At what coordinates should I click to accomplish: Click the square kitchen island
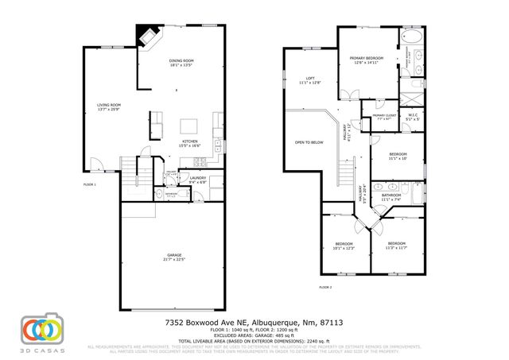(188, 126)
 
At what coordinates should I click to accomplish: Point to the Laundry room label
(198, 178)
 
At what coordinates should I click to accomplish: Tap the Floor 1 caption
(89, 184)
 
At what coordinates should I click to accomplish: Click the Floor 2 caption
(324, 287)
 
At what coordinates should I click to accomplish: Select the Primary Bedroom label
(367, 58)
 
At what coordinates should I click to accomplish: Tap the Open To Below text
(309, 142)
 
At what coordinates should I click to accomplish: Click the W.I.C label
(414, 116)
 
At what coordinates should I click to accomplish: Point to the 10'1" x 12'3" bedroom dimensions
(344, 249)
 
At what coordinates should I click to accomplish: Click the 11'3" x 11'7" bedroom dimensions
(396, 249)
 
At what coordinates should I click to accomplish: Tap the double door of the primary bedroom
(347, 97)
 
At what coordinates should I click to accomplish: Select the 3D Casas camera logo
(41, 329)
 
